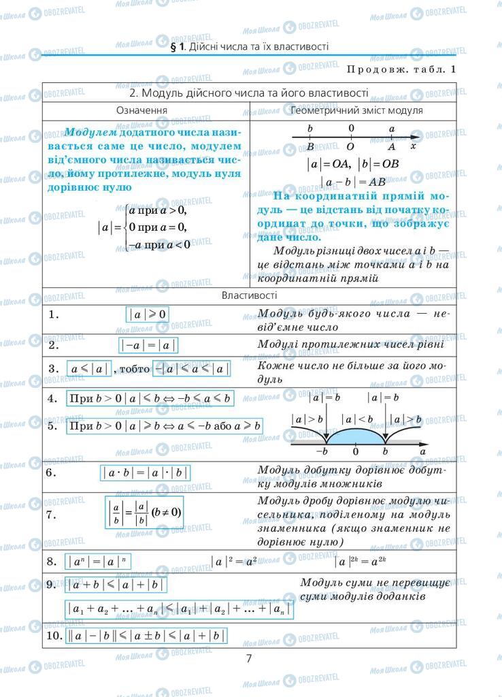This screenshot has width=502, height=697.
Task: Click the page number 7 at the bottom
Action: point(249,658)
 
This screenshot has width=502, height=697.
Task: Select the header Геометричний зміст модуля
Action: point(356,110)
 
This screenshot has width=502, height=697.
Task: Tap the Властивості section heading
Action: point(249,295)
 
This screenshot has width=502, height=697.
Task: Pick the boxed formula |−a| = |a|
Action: point(148,345)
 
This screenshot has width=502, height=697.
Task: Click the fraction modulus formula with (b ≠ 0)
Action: point(144,513)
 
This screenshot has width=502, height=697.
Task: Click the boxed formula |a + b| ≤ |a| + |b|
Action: point(117,585)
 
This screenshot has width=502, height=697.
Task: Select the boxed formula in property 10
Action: point(146,636)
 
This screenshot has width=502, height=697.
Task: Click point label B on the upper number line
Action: point(310,146)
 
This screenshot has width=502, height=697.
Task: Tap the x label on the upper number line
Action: point(414,146)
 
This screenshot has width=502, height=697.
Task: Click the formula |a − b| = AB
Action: point(352,182)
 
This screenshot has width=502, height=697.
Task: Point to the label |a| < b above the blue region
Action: point(356,420)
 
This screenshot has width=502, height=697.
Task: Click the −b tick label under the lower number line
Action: point(322,451)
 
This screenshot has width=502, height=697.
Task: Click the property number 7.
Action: point(52,514)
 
